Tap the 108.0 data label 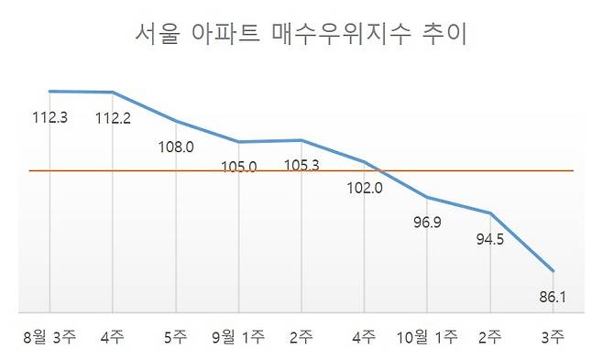click(176, 146)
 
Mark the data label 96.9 click(427, 221)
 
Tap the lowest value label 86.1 click(554, 297)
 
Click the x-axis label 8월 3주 click(50, 338)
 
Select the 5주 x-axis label click(176, 338)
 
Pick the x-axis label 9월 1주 click(238, 338)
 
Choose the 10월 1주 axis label click(427, 338)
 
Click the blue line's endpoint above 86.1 click(554, 271)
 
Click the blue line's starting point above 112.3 click(49, 91)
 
